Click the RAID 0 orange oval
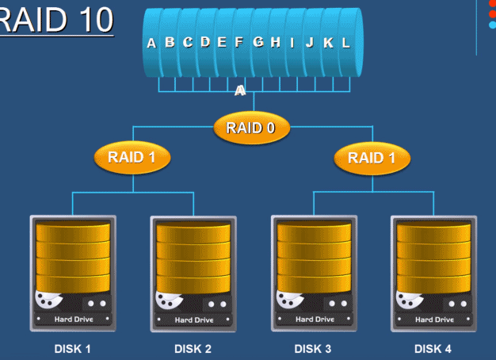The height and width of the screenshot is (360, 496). (x=251, y=128)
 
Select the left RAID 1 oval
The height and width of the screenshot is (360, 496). (x=132, y=157)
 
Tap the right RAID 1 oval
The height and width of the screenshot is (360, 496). (x=371, y=157)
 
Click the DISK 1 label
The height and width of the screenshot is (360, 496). (x=72, y=349)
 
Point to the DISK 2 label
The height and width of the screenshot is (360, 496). (x=193, y=349)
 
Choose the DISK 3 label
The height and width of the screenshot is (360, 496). (x=313, y=349)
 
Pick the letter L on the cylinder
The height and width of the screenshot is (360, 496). (x=346, y=43)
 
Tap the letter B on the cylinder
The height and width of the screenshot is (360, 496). (x=170, y=43)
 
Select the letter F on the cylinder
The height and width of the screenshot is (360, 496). (x=238, y=43)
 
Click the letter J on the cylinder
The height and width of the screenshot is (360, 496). (x=310, y=43)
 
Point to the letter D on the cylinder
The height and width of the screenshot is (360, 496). (x=205, y=43)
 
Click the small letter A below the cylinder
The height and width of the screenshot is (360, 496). (x=240, y=91)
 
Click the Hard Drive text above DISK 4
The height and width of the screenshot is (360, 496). (x=434, y=320)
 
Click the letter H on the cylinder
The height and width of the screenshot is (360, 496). (x=275, y=43)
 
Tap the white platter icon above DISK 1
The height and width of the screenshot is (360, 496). (x=48, y=302)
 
